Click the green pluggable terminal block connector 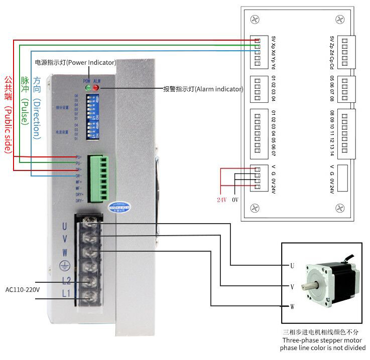[98, 178]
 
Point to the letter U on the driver [64, 226]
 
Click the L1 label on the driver [66, 293]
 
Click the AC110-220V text [23, 289]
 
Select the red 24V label [221, 200]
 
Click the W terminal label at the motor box [292, 306]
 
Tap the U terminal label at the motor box [292, 266]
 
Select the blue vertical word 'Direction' [36, 108]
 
